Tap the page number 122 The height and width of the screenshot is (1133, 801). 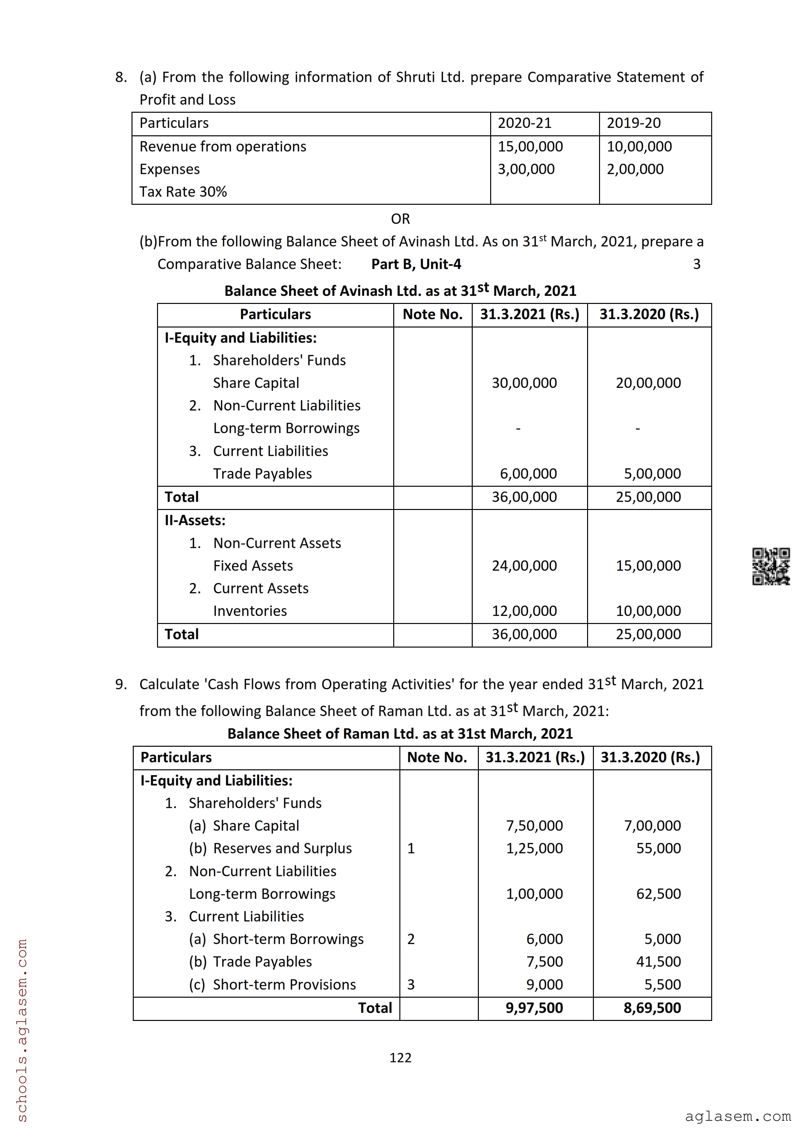click(x=400, y=1057)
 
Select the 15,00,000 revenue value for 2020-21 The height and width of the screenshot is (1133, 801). click(x=530, y=147)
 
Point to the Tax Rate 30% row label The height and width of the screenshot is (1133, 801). click(x=183, y=192)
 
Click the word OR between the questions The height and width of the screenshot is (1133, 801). click(x=400, y=219)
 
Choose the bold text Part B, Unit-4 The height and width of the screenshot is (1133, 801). click(x=416, y=265)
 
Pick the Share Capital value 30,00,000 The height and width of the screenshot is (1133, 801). click(x=524, y=383)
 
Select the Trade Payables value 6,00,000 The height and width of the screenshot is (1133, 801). click(x=528, y=474)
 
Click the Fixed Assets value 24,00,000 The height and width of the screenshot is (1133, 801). click(x=524, y=566)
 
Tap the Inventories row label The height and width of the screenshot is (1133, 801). click(x=250, y=611)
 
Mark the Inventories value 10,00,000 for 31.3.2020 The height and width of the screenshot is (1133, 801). click(x=648, y=611)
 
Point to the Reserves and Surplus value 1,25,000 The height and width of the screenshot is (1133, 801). click(x=534, y=848)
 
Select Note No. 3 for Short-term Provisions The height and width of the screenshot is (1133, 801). click(x=411, y=984)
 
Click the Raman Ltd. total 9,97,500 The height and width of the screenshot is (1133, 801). click(x=534, y=1008)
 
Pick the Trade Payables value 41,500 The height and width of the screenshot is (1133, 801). click(x=659, y=961)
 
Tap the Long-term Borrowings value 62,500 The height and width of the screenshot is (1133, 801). click(x=659, y=894)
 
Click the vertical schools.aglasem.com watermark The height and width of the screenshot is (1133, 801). click(x=22, y=1029)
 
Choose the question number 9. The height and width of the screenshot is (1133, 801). click(x=121, y=684)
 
